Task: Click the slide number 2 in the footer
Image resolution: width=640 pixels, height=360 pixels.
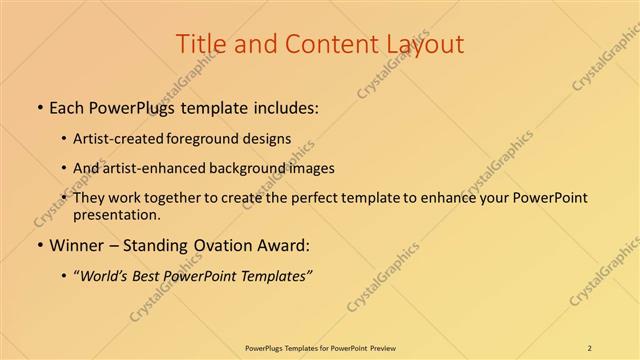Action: click(x=590, y=347)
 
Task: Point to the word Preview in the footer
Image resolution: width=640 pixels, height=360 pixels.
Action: click(x=379, y=347)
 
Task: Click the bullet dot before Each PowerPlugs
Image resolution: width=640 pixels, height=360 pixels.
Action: click(x=38, y=108)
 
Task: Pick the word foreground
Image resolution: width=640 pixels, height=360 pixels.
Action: click(x=214, y=139)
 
